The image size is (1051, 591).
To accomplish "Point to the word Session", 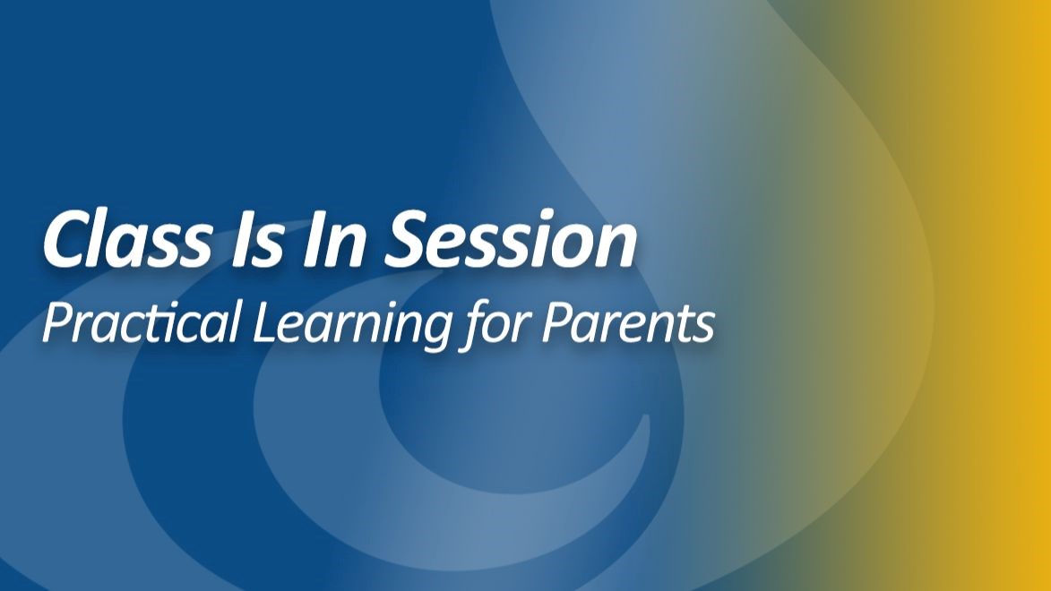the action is pos(510,239).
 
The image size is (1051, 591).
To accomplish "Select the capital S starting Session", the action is pos(407,239).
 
